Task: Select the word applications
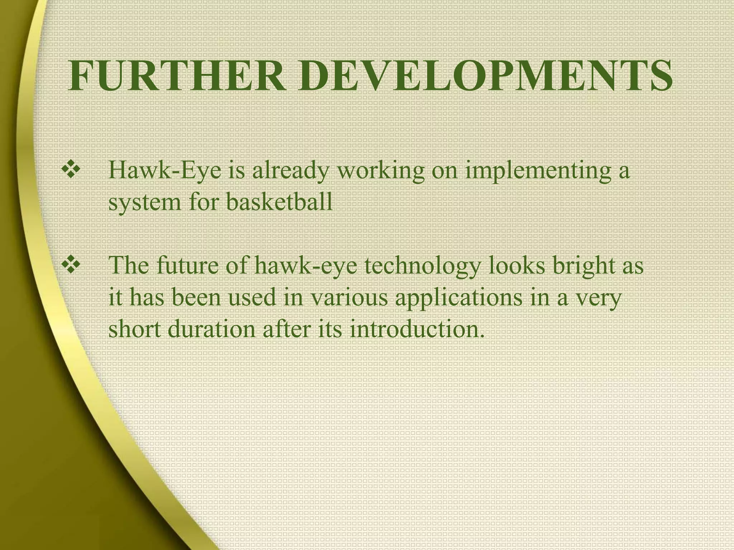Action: coord(458,298)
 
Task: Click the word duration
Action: coord(211,329)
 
